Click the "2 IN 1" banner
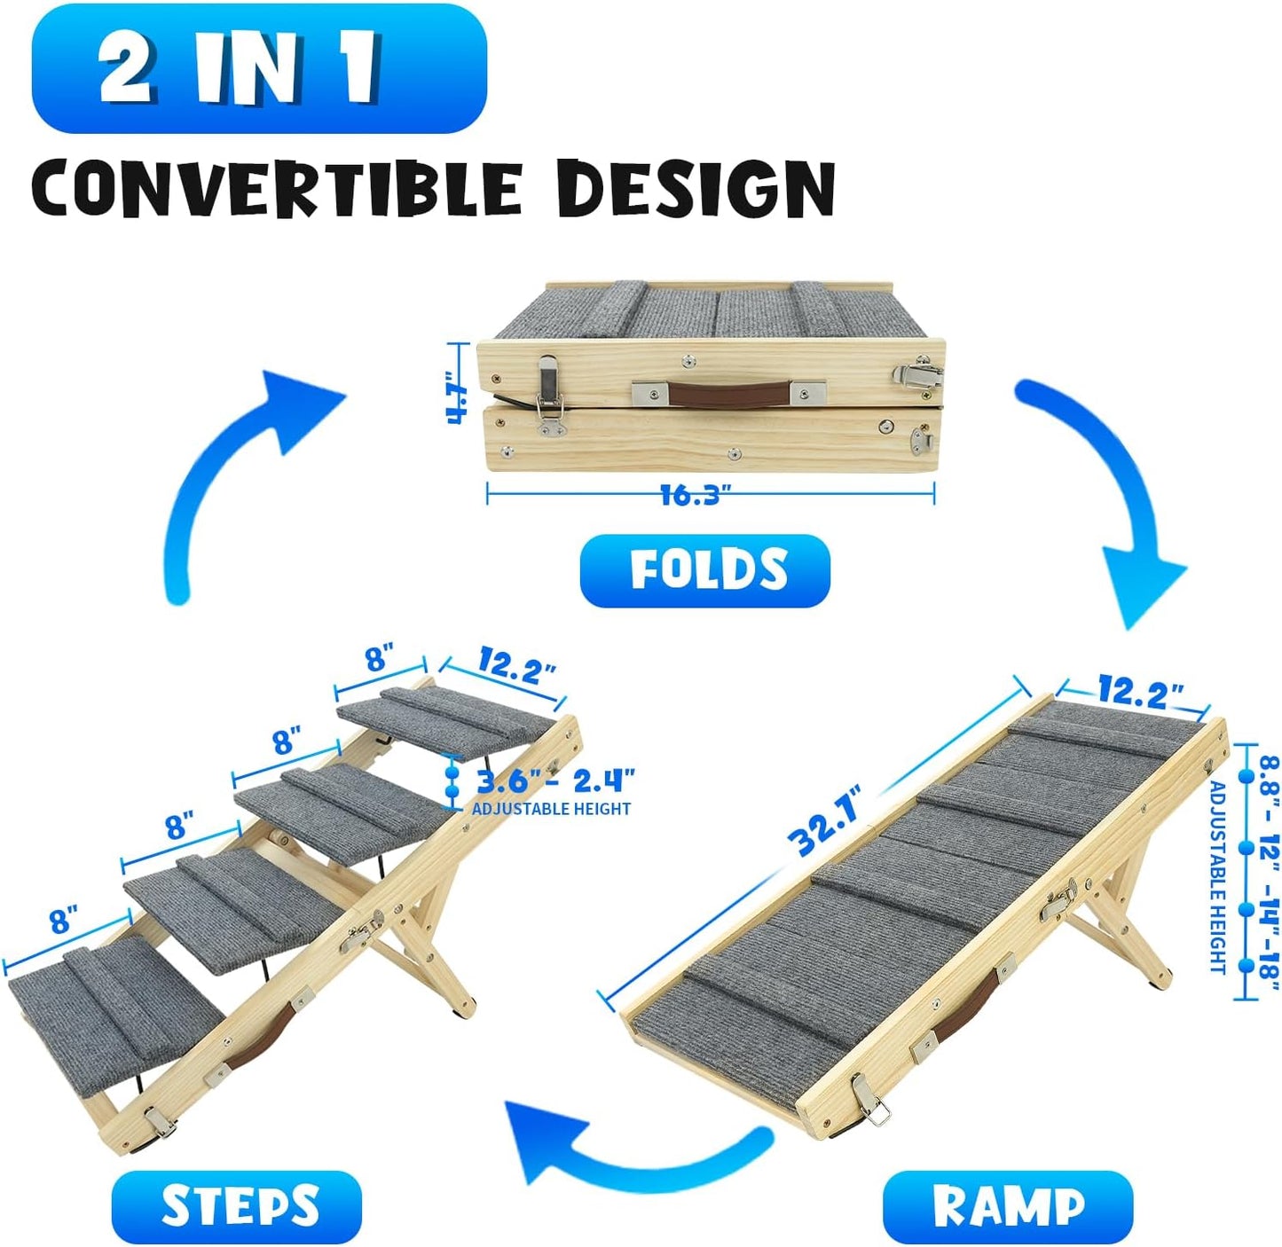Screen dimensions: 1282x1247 coord(259,68)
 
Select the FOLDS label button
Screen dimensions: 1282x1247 coord(705,570)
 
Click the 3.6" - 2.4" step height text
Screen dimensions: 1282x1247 coord(555,782)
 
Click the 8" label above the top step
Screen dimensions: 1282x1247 coord(376,659)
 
